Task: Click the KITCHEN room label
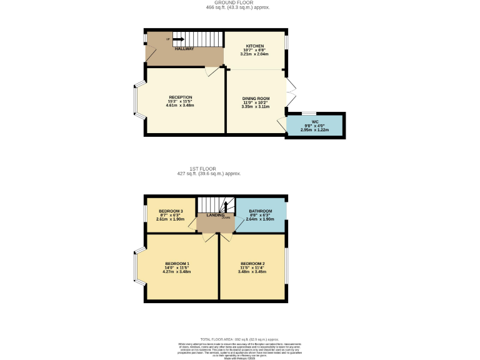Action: pyautogui.click(x=254, y=46)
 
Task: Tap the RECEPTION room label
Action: pyautogui.click(x=180, y=97)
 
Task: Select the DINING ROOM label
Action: pyautogui.click(x=256, y=99)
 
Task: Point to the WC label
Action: pyautogui.click(x=315, y=121)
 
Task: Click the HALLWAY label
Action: pyautogui.click(x=184, y=49)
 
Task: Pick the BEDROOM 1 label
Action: pyautogui.click(x=177, y=263)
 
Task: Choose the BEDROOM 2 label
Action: pyautogui.click(x=252, y=263)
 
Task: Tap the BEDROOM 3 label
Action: pyautogui.click(x=170, y=211)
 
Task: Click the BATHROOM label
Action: pyautogui.click(x=261, y=211)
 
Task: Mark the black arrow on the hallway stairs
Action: pyautogui.click(x=179, y=39)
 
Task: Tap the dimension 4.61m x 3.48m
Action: pyautogui.click(x=180, y=106)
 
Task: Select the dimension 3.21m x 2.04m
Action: pyautogui.click(x=254, y=54)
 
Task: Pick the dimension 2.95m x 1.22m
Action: pyautogui.click(x=315, y=129)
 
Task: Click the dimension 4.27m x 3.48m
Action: pyautogui.click(x=177, y=272)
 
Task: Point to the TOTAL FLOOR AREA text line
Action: pyautogui.click(x=240, y=337)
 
